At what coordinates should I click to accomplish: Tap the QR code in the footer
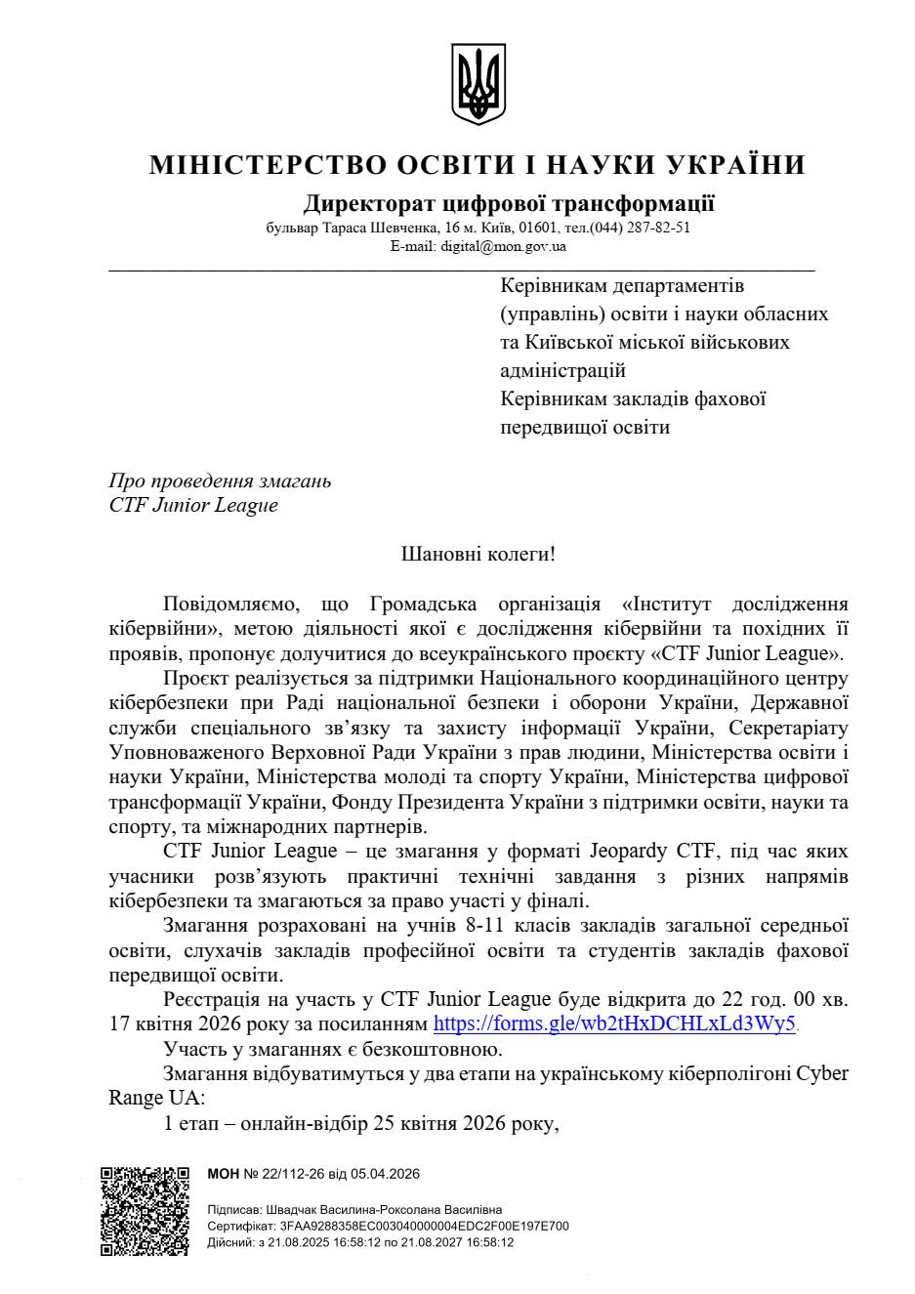click(145, 1210)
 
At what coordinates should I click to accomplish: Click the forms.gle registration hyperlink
click(615, 1024)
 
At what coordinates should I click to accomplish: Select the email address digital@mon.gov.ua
click(503, 246)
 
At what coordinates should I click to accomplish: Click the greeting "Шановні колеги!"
click(478, 555)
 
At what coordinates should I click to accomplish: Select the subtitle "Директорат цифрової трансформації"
click(508, 204)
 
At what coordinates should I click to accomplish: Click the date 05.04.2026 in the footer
click(389, 1174)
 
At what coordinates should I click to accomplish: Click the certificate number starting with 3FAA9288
click(424, 1226)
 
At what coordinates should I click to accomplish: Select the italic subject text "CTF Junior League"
click(193, 505)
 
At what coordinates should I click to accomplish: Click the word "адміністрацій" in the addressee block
click(562, 371)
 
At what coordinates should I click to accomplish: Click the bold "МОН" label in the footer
click(224, 1174)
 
